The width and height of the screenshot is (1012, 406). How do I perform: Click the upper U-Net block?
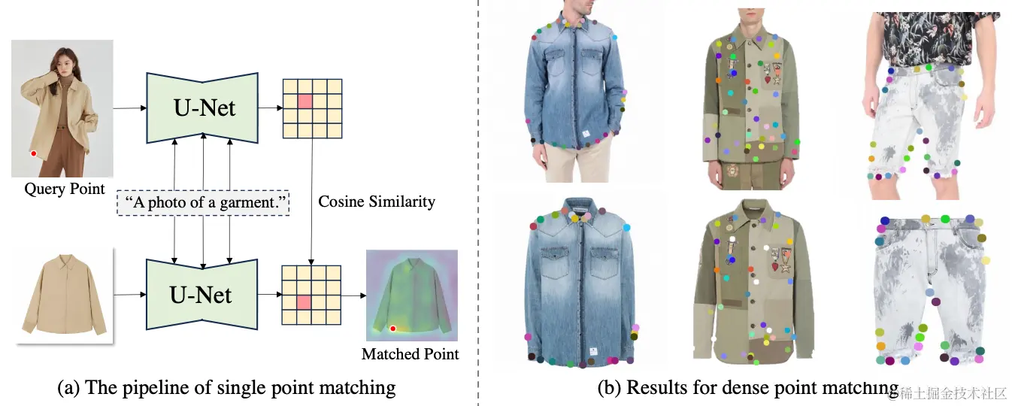(x=203, y=107)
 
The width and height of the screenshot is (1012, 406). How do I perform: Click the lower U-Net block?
(x=203, y=294)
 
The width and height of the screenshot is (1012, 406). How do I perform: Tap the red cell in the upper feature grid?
(x=305, y=101)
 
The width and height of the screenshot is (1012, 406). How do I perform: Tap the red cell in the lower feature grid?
(x=305, y=302)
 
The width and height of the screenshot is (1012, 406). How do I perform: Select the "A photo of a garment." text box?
(x=203, y=203)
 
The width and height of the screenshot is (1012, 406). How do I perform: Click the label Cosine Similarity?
(x=376, y=201)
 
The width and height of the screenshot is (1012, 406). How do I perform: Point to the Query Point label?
(x=65, y=189)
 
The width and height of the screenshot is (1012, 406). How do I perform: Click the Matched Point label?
(x=410, y=353)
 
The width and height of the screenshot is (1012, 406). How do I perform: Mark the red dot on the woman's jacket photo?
(x=34, y=153)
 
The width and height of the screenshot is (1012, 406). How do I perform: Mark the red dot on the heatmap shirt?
(x=392, y=329)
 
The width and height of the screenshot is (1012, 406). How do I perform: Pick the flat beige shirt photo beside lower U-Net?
(x=63, y=295)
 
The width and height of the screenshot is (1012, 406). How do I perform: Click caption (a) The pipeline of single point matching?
(x=226, y=387)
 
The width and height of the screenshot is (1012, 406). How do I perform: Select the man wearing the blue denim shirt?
(x=576, y=90)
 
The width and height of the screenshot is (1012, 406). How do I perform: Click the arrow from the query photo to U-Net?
(x=129, y=108)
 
